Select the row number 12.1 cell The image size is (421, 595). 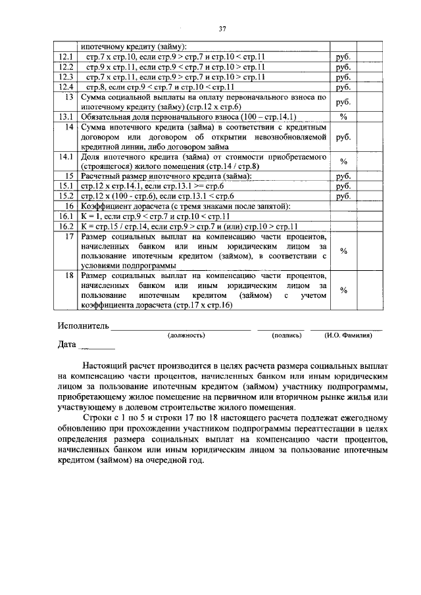coord(66,57)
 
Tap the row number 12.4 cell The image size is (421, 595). coord(66,86)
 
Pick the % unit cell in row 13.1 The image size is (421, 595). coord(343,116)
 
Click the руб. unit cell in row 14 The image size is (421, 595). coord(343,137)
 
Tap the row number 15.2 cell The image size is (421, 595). coord(66,195)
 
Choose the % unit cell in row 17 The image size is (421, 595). coord(343,250)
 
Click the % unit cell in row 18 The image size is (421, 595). coord(343,290)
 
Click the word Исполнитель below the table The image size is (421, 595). coord(82,326)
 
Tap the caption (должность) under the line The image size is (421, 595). coord(187,335)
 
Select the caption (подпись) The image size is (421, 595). coord(287,335)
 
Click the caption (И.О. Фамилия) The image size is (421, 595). coord(348,335)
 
